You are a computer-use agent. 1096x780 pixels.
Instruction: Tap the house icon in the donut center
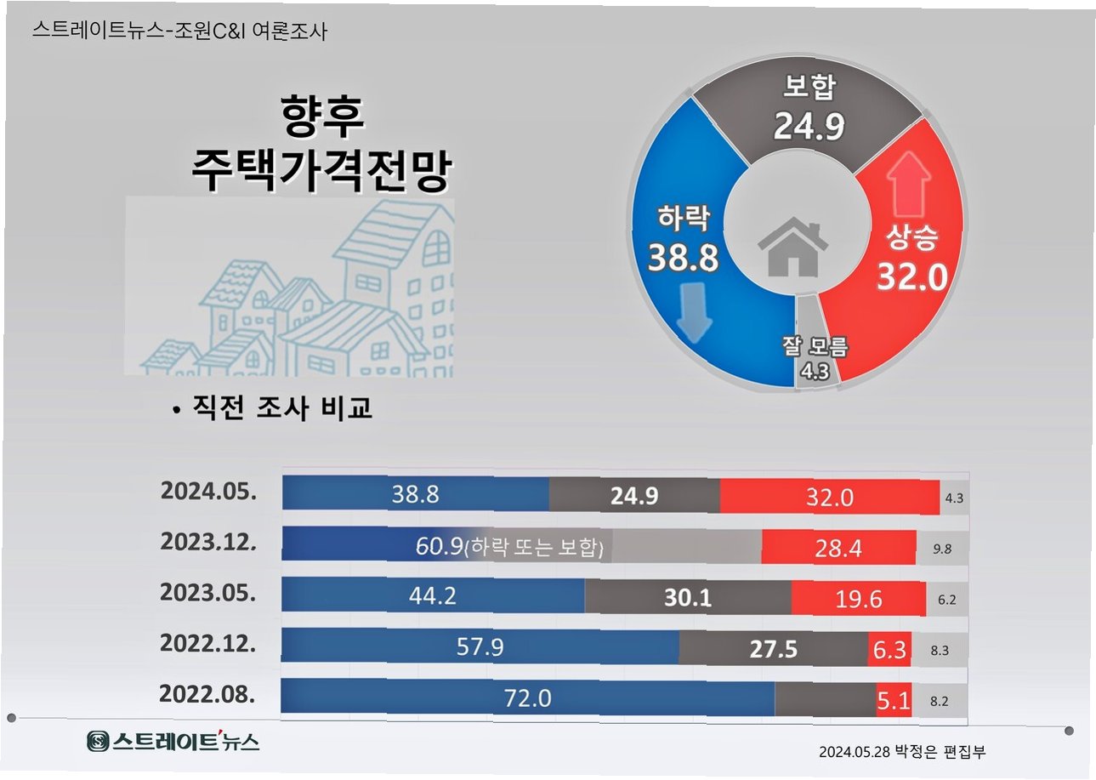tap(792, 247)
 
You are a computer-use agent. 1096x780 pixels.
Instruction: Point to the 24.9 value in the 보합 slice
tap(808, 127)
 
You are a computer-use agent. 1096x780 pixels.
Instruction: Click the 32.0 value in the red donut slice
tap(911, 276)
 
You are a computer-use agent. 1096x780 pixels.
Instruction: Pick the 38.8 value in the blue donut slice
tap(682, 257)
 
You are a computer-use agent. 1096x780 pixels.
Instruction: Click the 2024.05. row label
tap(207, 493)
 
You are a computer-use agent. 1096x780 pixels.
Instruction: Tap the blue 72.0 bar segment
tap(528, 698)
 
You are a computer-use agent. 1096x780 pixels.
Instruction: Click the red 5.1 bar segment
tap(894, 700)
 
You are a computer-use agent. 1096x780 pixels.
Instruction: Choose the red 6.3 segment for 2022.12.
tap(889, 649)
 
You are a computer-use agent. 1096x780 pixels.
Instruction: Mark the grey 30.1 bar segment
tap(687, 598)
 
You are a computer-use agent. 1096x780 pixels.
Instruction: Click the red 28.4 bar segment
tap(838, 549)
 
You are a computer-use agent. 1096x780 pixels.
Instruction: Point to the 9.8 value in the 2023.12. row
tap(941, 549)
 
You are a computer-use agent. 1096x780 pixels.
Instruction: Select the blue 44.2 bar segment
tap(433, 596)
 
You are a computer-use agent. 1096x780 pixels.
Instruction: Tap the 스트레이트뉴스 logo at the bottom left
tap(173, 741)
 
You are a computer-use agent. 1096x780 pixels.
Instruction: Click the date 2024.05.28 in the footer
tap(855, 752)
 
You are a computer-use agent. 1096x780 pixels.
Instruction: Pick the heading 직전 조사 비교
tap(281, 408)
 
